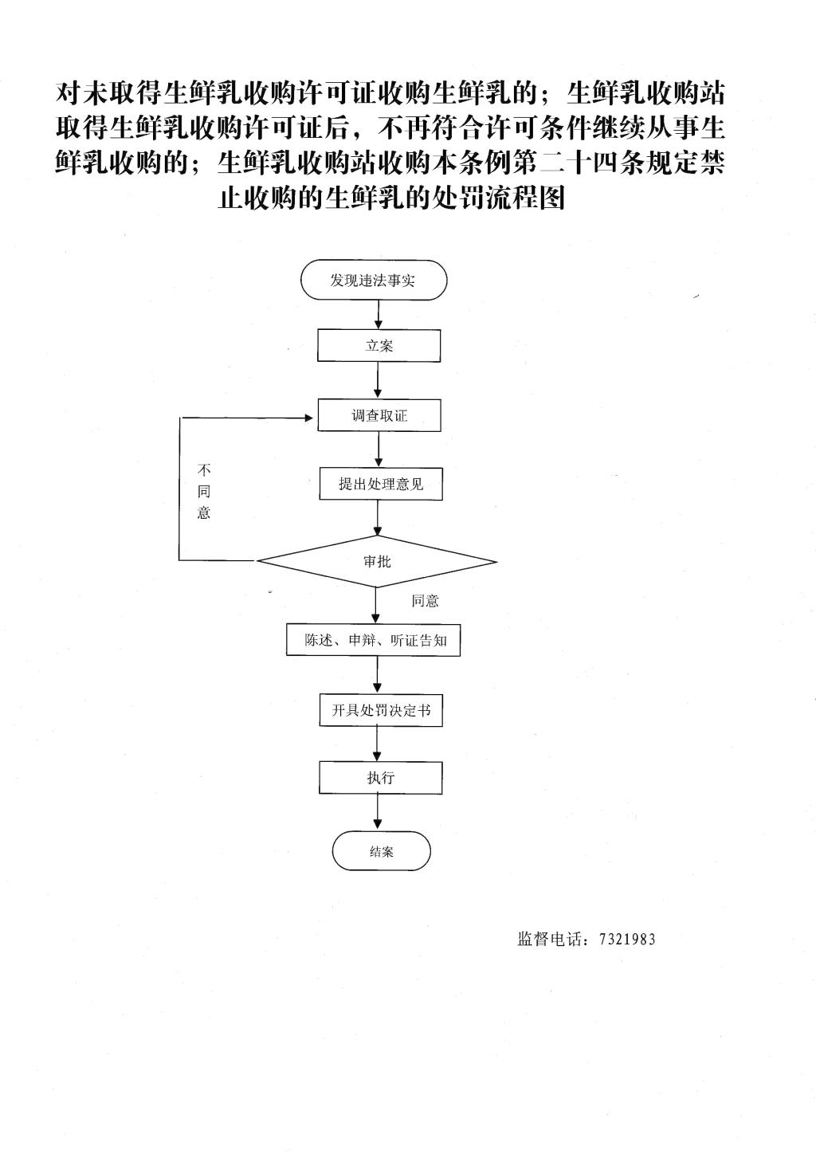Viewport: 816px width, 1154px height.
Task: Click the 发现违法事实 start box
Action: (374, 280)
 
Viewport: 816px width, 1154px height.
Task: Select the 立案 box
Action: (379, 346)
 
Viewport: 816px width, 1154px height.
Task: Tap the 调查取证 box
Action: (379, 415)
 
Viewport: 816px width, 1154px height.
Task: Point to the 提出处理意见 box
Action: (381, 484)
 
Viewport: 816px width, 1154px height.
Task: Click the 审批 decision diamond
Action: (377, 561)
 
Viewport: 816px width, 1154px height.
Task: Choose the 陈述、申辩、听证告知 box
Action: (374, 641)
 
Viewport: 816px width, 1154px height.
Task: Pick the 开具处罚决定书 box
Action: (381, 710)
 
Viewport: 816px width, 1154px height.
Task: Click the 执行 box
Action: (381, 777)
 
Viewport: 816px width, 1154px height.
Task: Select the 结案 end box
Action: (381, 851)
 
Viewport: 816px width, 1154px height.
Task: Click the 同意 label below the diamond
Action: (425, 601)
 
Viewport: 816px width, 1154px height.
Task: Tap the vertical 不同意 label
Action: (204, 491)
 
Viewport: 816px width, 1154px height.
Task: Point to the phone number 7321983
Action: (627, 940)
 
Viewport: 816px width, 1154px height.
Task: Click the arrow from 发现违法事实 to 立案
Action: (379, 315)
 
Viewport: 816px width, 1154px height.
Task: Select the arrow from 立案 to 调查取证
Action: (379, 380)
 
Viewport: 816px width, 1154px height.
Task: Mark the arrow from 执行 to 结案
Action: (379, 812)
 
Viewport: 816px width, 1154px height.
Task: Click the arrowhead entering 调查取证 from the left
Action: (309, 418)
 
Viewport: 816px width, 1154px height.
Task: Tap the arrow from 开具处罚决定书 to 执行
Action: (378, 744)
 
